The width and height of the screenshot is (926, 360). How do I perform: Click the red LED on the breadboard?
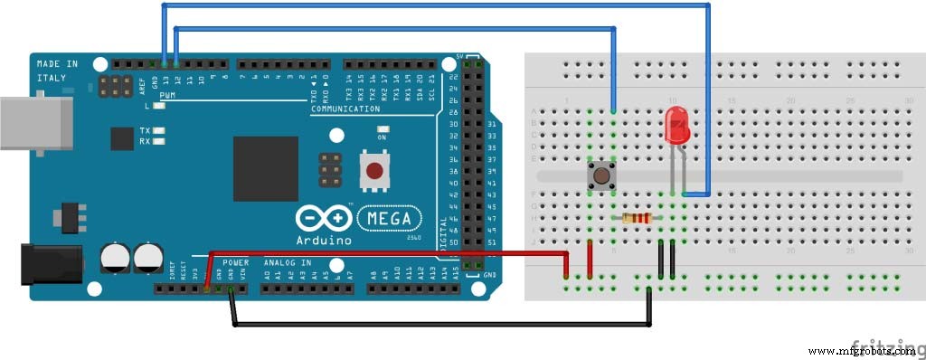[676, 125]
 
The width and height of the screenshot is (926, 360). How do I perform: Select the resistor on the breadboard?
[637, 217]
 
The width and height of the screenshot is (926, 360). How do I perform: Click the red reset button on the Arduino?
[373, 169]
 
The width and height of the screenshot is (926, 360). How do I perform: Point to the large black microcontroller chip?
[265, 168]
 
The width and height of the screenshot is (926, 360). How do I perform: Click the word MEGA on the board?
[391, 219]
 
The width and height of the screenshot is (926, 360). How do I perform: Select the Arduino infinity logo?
[323, 220]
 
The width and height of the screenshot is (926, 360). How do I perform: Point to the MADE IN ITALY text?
[56, 70]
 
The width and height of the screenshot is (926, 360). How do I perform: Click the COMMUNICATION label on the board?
[345, 109]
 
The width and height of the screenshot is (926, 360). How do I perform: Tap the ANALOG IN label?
[287, 262]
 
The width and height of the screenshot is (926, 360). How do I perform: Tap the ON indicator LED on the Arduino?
[383, 129]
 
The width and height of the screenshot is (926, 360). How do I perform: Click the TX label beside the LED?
[145, 131]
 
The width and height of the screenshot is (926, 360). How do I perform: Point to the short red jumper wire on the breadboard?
[590, 258]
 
